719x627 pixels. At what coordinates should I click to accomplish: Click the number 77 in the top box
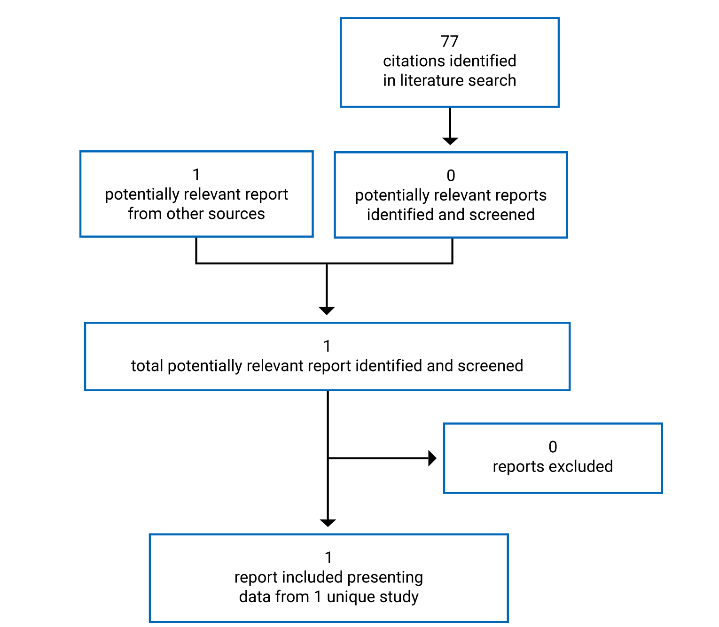click(449, 41)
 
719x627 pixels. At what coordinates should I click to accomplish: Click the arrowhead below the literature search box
click(450, 140)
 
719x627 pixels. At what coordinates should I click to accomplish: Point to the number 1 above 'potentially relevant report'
click(196, 175)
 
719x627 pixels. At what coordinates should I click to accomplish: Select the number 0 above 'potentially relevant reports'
click(451, 176)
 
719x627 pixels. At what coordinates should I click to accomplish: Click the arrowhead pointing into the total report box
click(327, 310)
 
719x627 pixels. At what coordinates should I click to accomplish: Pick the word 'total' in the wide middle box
click(147, 366)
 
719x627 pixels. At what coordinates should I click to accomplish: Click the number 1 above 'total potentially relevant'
click(327, 347)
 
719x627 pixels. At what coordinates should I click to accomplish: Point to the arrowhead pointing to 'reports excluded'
click(432, 458)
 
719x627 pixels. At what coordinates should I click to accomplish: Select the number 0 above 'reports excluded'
click(553, 447)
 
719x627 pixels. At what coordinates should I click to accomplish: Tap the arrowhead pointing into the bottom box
click(328, 523)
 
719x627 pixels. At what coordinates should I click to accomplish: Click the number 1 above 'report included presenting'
click(328, 558)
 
